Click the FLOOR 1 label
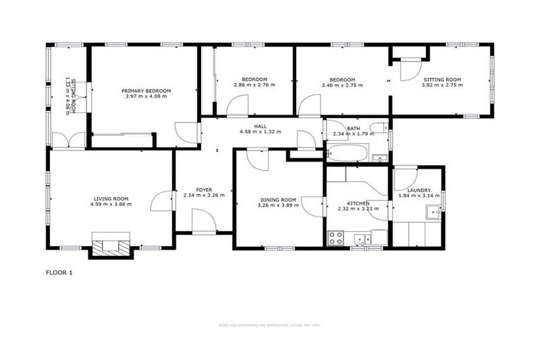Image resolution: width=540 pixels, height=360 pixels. (x=59, y=272)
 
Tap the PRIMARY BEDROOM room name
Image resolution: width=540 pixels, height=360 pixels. (x=146, y=91)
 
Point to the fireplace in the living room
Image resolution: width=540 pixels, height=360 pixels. (x=110, y=245)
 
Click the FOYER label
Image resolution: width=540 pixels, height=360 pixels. (x=204, y=190)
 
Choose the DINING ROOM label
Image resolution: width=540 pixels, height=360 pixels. (x=277, y=200)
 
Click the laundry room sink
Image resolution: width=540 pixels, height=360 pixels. (x=432, y=213)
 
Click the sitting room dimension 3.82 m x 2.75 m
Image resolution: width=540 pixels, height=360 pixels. (x=442, y=85)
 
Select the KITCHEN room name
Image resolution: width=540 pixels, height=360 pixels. (x=353, y=202)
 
